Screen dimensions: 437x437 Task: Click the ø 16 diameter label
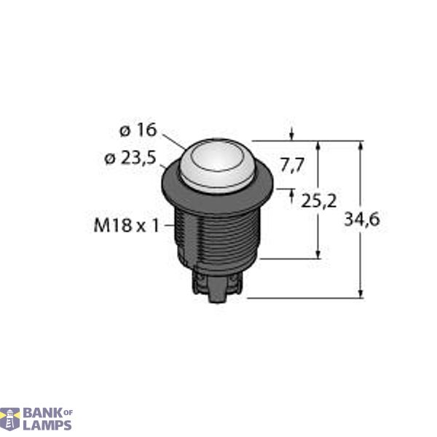point(137,130)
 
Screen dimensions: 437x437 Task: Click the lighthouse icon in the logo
point(11,419)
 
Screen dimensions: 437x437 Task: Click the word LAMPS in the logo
point(48,425)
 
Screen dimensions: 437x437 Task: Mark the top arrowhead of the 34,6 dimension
point(361,145)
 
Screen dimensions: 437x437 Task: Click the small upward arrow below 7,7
point(292,195)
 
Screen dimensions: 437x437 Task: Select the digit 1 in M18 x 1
point(155,226)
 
